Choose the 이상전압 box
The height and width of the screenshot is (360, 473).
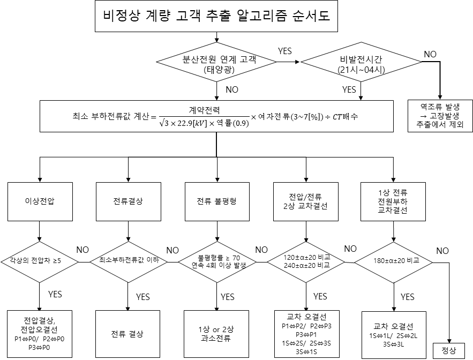pos(40,201)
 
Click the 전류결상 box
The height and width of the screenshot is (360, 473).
pos(128,201)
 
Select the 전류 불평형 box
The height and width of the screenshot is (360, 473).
pos(216,201)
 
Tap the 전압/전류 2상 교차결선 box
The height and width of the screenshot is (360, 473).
pos(305,201)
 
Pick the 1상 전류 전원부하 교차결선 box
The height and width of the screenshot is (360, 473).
pos(394,201)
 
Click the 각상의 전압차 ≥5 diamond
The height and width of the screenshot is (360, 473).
pos(40,261)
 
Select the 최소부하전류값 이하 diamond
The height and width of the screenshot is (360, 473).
pos(128,261)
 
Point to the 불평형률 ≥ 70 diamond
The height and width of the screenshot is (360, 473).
pos(216,262)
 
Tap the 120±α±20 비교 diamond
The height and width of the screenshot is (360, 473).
pos(306,261)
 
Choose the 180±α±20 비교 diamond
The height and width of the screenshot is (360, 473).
pos(394,261)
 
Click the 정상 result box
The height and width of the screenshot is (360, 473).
pos(448,351)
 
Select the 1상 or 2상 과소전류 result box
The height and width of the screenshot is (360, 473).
pos(216,334)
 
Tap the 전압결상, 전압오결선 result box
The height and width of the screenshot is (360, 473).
pos(40,333)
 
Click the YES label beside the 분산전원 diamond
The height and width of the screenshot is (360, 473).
pos(285,51)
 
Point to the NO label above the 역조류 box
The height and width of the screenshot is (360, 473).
pos(430,54)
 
